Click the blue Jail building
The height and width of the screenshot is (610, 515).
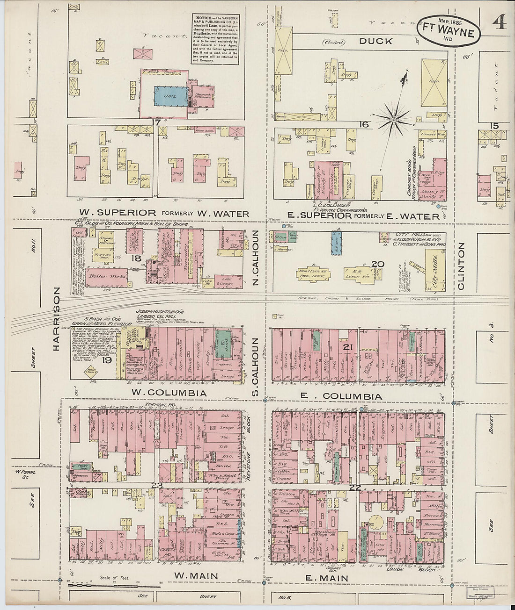pyautogui.click(x=172, y=97)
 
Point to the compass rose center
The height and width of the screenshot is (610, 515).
pyautogui.click(x=394, y=120)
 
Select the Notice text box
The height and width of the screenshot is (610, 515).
pyautogui.click(x=215, y=39)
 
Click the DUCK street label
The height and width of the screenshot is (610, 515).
pyautogui.click(x=375, y=41)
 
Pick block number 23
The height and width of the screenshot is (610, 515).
pyautogui.click(x=156, y=486)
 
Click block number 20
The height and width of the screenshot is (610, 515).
pyautogui.click(x=377, y=265)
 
